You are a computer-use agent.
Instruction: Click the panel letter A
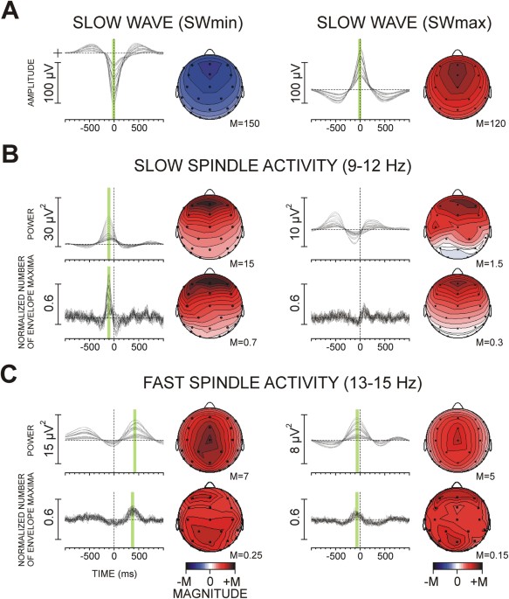tap(13, 15)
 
